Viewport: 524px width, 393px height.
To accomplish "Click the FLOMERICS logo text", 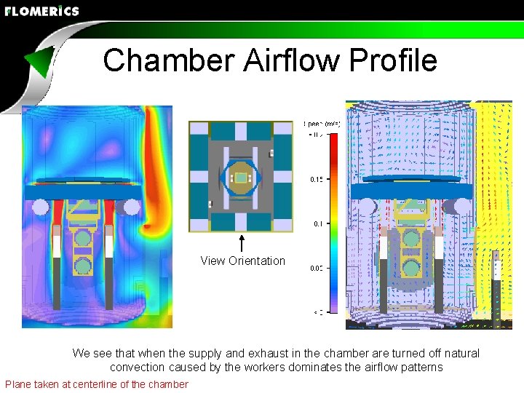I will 41,11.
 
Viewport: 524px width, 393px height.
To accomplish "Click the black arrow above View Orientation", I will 242,242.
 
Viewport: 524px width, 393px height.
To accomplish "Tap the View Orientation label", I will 243,261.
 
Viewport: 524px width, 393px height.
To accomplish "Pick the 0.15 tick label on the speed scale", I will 317,179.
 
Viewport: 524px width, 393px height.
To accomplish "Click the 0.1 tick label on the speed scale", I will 317,224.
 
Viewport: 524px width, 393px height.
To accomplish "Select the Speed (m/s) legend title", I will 320,124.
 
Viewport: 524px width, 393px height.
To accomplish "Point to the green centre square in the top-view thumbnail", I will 242,177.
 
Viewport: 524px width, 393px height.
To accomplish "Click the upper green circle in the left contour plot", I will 84,238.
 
